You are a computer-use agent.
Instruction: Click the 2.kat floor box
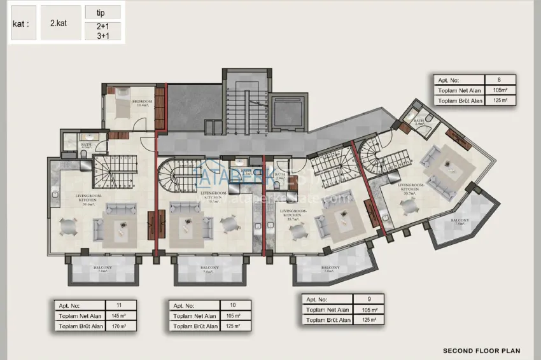(61, 22)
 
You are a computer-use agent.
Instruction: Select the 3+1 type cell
(102, 35)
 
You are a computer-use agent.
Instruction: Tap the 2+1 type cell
(102, 26)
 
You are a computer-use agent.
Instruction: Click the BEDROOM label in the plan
(142, 102)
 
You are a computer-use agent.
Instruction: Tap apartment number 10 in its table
(233, 305)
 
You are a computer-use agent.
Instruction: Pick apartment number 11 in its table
(118, 305)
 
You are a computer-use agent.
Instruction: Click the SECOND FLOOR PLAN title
(481, 350)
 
